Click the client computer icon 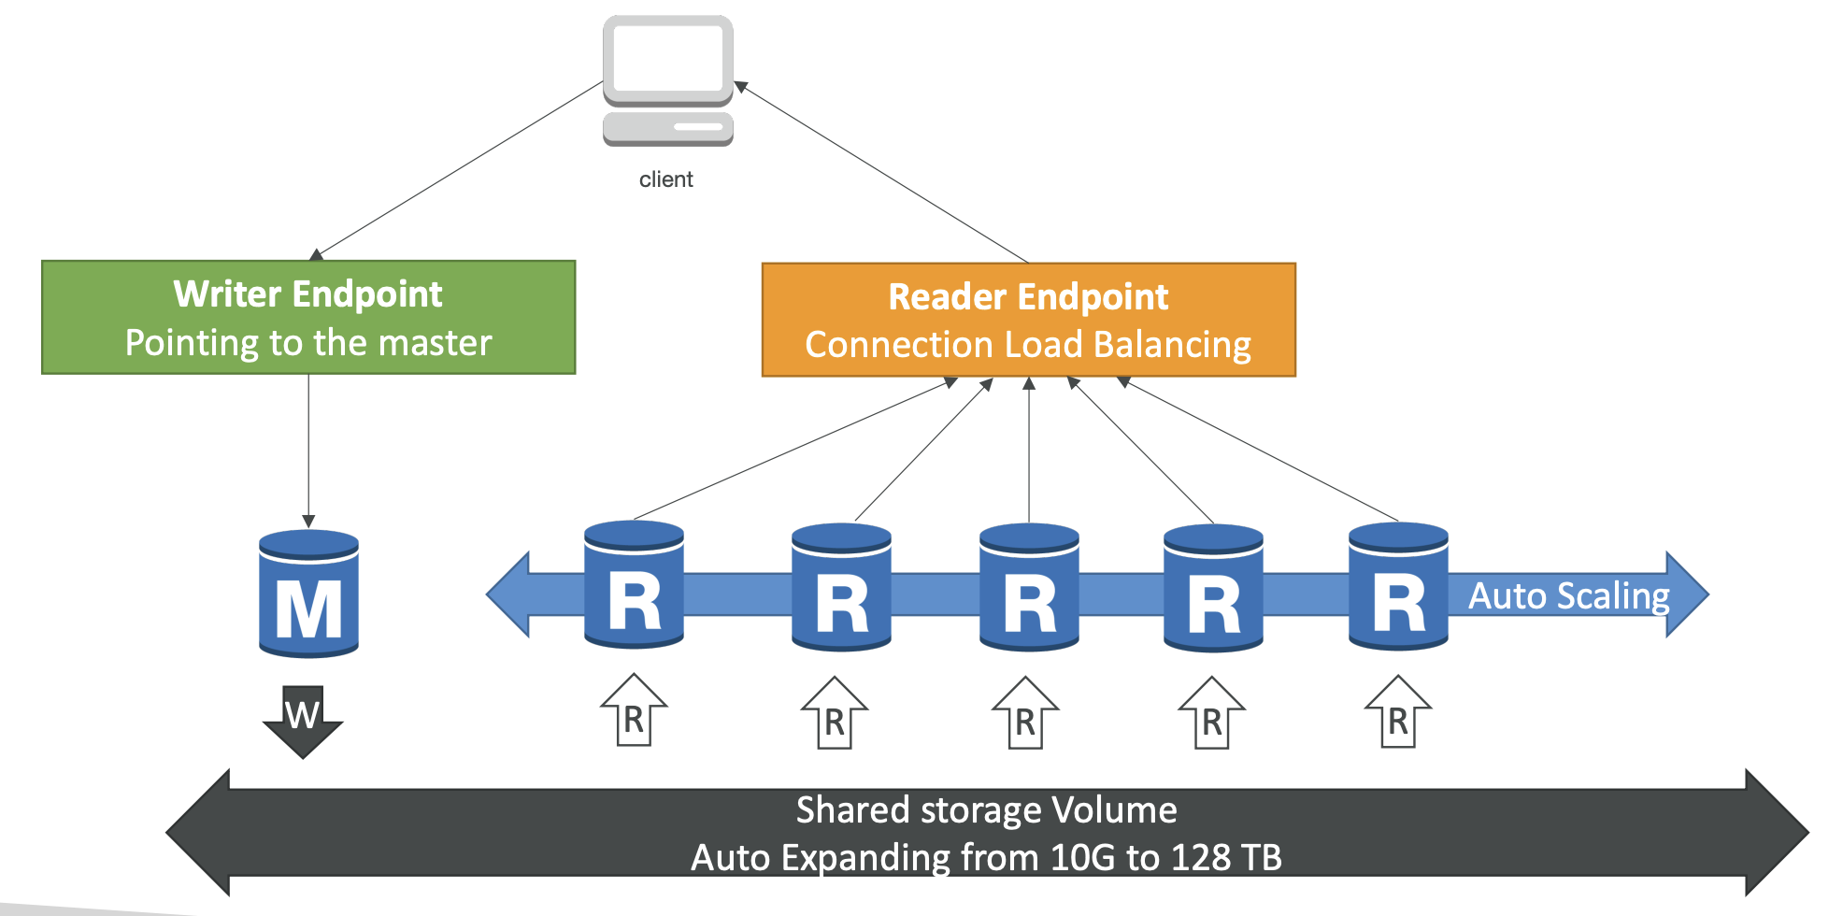coord(667,80)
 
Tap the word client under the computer coord(665,179)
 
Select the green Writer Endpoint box coord(308,318)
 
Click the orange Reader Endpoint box coord(1029,320)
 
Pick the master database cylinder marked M coord(308,594)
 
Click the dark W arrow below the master coord(303,721)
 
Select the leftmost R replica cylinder coord(634,585)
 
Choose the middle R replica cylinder coord(1029,587)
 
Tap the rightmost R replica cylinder coord(1398,587)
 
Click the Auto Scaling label coord(1569,595)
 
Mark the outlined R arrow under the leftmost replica coord(634,710)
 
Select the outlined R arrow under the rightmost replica coord(1398,712)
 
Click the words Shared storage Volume coord(986,809)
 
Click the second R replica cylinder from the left coord(841,587)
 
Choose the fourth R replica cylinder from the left coord(1213,588)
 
